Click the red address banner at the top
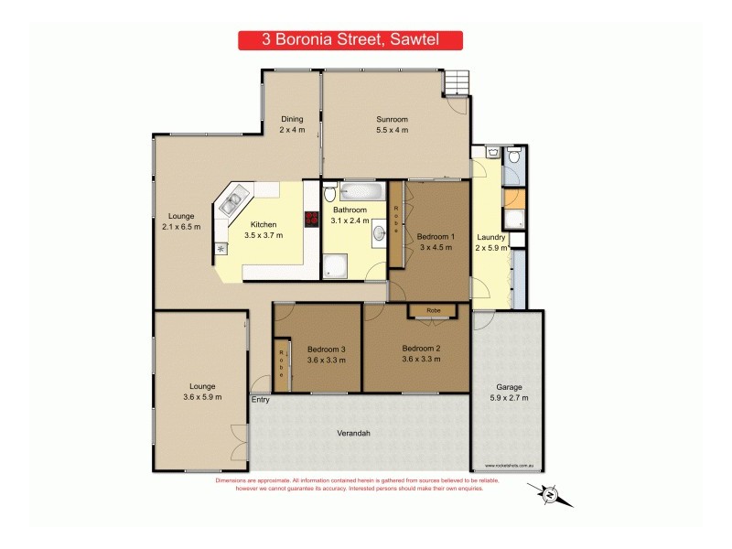coord(350,40)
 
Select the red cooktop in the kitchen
coord(311,219)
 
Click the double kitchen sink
coord(231,204)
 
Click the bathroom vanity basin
coord(379,234)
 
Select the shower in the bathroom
coord(336,266)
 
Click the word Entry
coord(261,399)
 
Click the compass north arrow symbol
coord(551,495)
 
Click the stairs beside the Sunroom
coord(456,83)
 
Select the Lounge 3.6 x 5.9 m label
coord(203,392)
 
